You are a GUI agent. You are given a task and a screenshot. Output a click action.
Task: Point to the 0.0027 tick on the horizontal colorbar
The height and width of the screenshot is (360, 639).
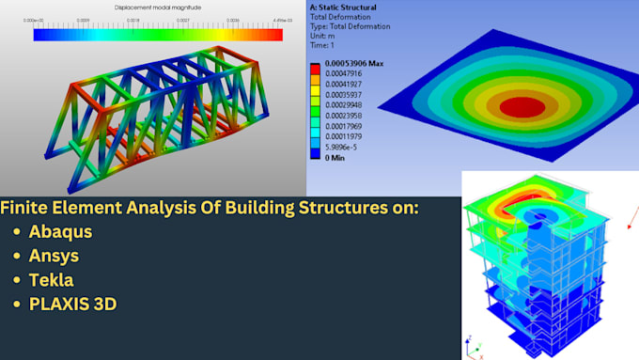point(189,19)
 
